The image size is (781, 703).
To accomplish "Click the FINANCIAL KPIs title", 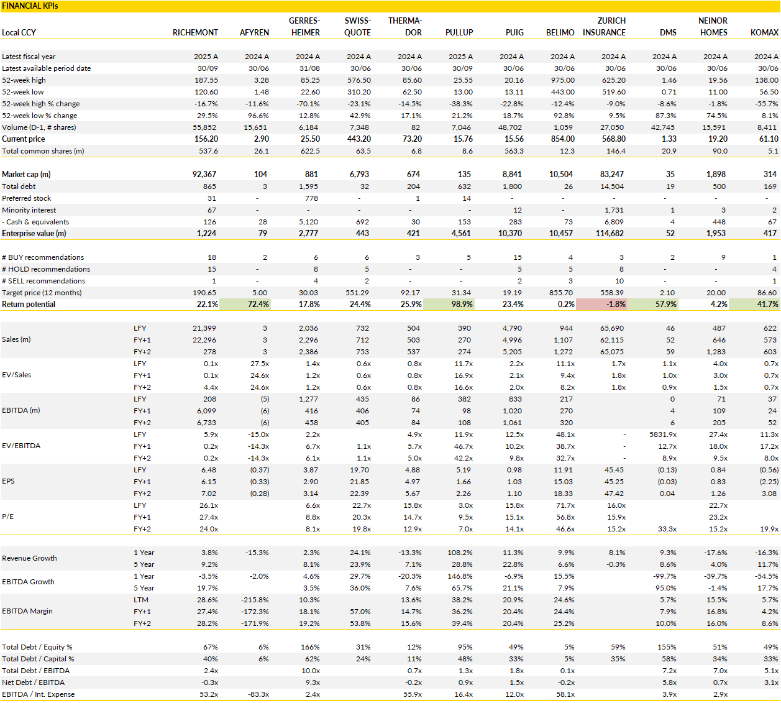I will click(30, 6).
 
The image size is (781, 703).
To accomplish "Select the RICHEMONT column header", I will click(195, 32).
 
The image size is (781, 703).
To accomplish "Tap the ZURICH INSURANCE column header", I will click(604, 27).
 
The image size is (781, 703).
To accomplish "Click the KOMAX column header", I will click(764, 32).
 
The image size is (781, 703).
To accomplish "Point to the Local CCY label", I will click(19, 32).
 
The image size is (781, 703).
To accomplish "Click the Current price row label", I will click(24, 139).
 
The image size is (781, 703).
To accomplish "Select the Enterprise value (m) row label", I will click(34, 234).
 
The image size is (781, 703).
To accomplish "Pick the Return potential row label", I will click(29, 305).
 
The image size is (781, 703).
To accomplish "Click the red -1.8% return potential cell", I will click(601, 305).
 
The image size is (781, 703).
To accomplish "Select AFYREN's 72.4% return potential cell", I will click(245, 305).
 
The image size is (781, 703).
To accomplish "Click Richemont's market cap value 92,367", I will click(204, 175).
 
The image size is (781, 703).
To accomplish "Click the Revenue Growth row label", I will click(29, 558).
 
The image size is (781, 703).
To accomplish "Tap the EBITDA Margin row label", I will click(27, 611).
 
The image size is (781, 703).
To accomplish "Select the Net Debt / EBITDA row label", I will click(33, 682).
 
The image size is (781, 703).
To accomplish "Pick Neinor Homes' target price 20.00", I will click(716, 293).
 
